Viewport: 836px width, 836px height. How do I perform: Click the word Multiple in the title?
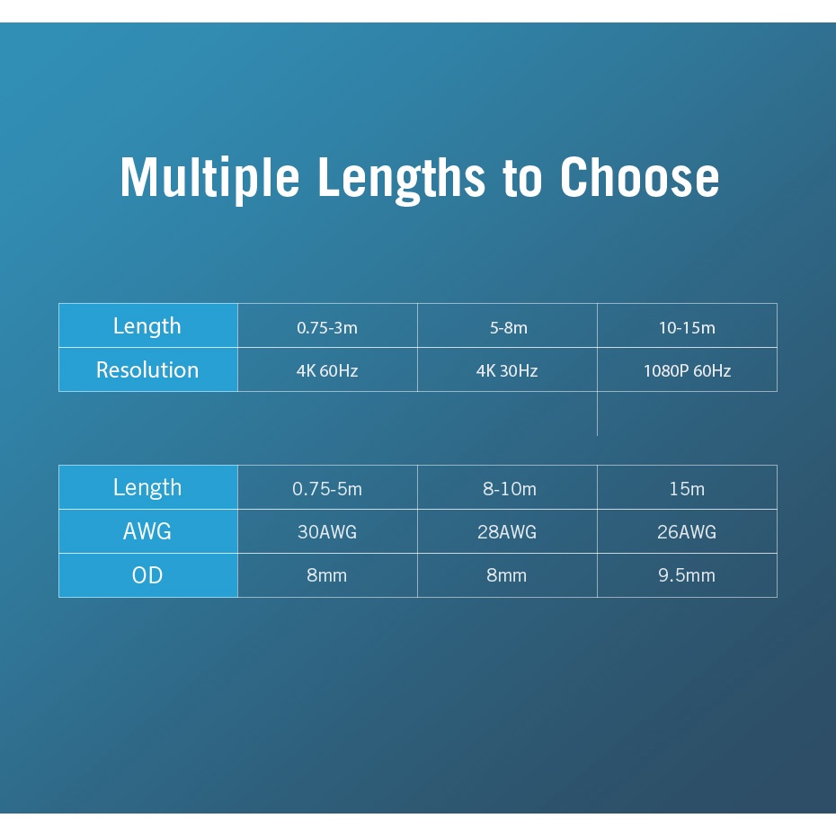point(209,178)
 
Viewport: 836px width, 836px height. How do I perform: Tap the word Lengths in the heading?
point(402,178)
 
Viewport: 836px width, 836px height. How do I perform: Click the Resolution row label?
point(147,369)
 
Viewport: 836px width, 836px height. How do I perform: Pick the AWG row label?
point(147,531)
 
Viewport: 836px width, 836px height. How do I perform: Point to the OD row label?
point(147,575)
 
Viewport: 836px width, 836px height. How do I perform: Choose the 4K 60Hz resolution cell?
point(327,370)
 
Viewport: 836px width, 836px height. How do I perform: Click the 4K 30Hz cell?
point(506,370)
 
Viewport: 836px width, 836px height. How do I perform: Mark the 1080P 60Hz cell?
point(687,370)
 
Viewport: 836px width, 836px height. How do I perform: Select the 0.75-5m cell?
point(327,488)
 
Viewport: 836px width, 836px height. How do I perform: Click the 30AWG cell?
point(327,531)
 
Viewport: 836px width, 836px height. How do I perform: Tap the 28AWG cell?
point(506,531)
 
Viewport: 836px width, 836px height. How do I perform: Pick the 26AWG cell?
point(687,531)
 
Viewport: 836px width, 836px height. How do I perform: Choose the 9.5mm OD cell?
point(687,575)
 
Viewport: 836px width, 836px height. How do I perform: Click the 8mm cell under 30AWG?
point(327,575)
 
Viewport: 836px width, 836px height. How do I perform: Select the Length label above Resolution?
point(147,326)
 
